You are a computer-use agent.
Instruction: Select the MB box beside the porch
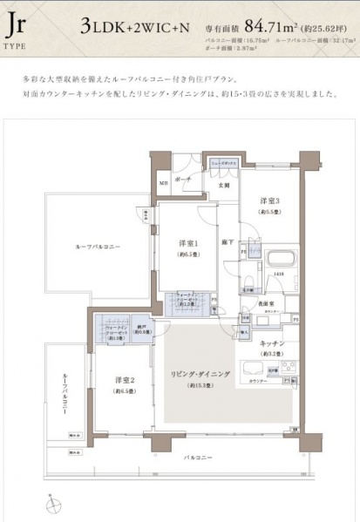(x=163, y=183)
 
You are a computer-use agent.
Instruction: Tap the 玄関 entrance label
(x=223, y=185)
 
